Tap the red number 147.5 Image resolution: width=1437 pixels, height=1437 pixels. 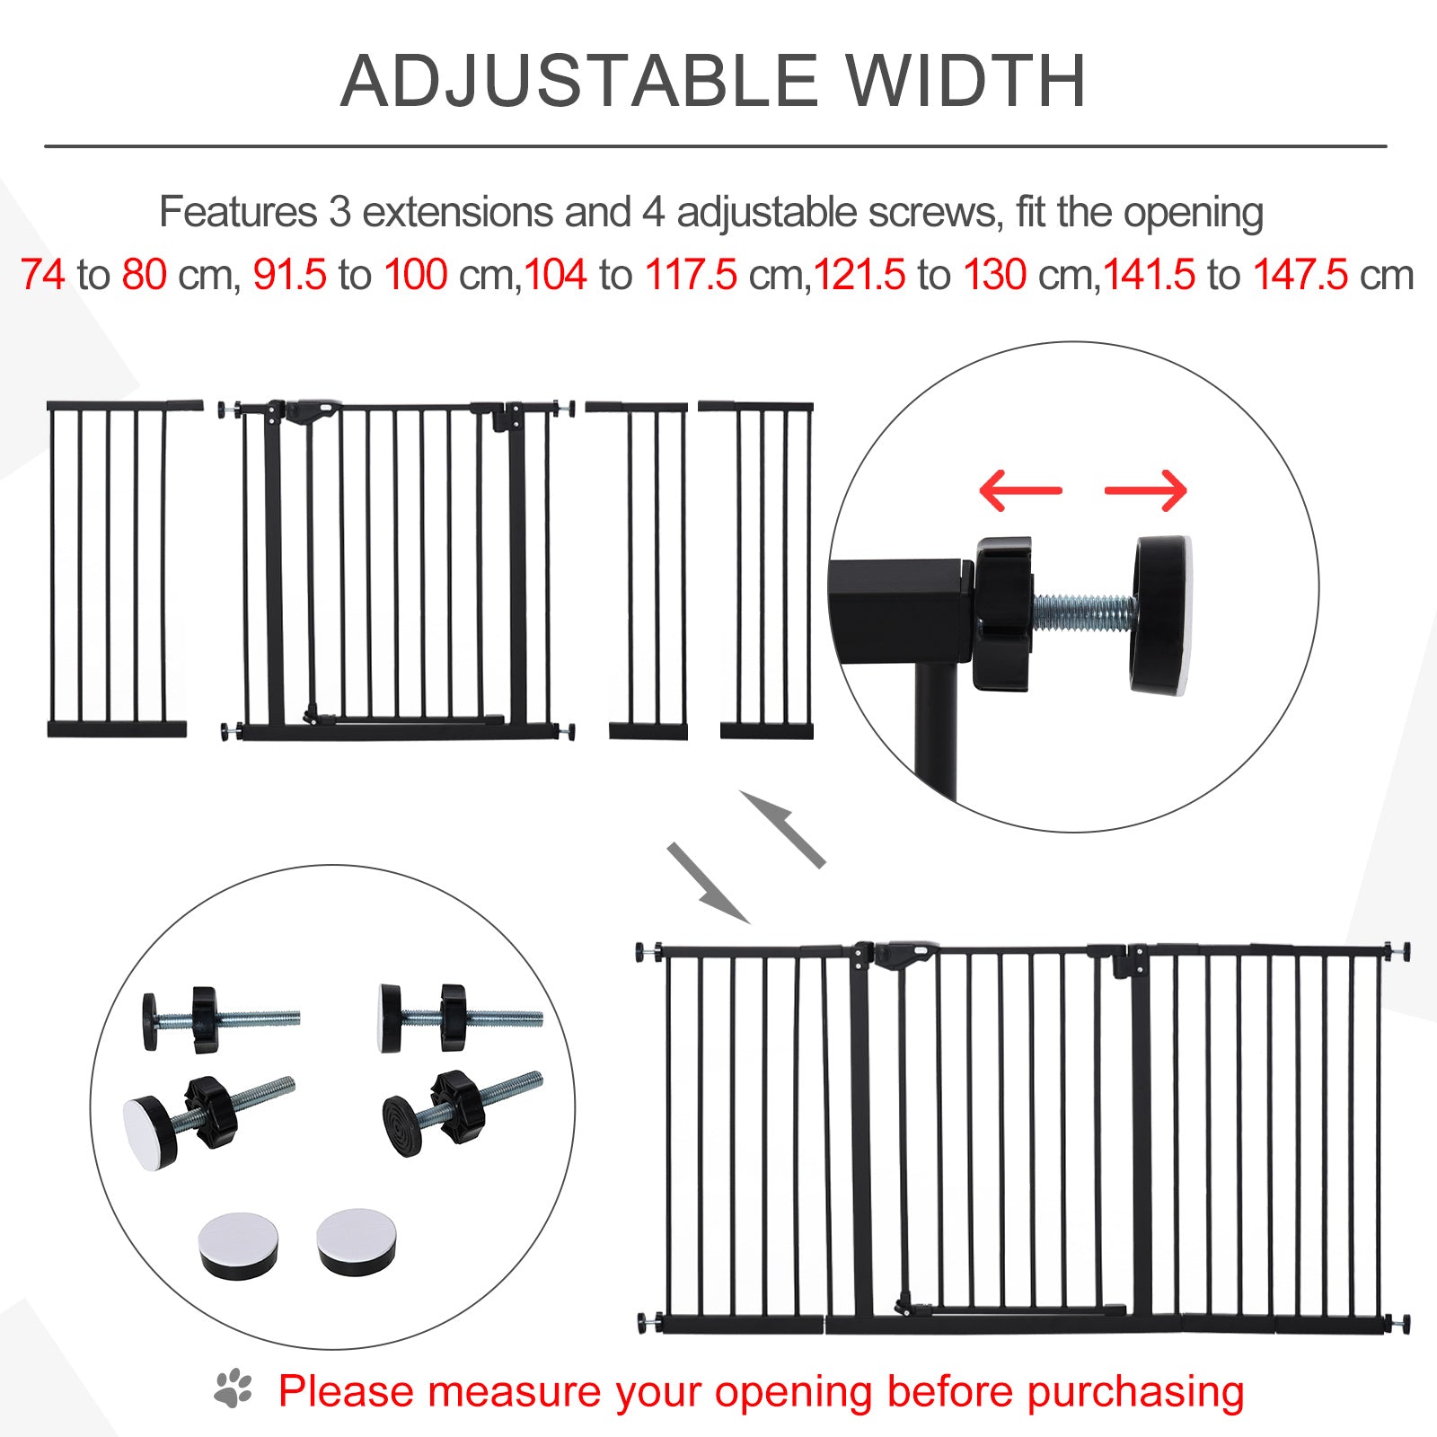coord(1300,275)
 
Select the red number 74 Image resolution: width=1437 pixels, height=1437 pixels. coord(42,275)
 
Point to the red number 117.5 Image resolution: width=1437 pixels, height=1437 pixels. coord(691,275)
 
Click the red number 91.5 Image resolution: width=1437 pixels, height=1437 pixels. coord(289,275)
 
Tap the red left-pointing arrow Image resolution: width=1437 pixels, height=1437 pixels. coord(1019,490)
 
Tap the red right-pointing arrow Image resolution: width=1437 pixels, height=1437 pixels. coord(1146,490)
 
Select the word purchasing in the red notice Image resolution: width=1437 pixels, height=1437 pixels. coord(1135,1391)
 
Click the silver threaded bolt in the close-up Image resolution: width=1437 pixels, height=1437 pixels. coord(1082,612)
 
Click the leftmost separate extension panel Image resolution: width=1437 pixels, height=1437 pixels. coord(117,571)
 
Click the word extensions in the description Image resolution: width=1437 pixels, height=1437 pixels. coord(457,213)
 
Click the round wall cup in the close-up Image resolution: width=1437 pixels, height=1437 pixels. coord(1161,616)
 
